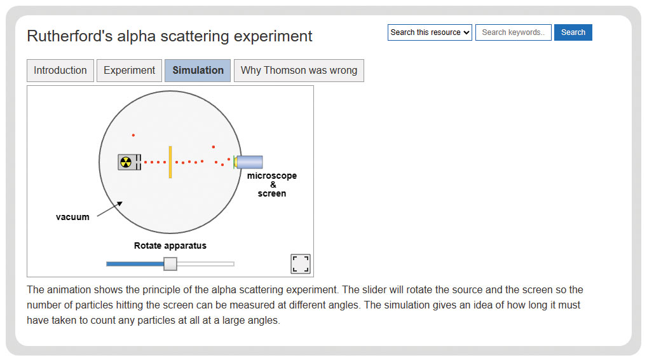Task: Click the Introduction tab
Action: pyautogui.click(x=60, y=71)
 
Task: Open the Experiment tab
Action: pyautogui.click(x=129, y=71)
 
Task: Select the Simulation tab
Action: pyautogui.click(x=198, y=71)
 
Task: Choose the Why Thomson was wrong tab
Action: pyautogui.click(x=299, y=71)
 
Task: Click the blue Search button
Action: pyautogui.click(x=573, y=32)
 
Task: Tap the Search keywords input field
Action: pyautogui.click(x=514, y=32)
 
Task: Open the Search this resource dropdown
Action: pyautogui.click(x=430, y=32)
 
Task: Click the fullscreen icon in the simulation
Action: pyautogui.click(x=301, y=264)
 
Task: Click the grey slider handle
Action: pyautogui.click(x=170, y=264)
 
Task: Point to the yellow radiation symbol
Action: pyautogui.click(x=126, y=162)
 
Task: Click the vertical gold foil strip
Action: pyautogui.click(x=170, y=162)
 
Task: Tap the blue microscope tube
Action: pyautogui.click(x=249, y=162)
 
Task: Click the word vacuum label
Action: pyautogui.click(x=72, y=217)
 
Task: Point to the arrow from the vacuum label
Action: pyautogui.click(x=110, y=209)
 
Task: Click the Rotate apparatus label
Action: pyautogui.click(x=170, y=246)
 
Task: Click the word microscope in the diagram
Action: pyautogui.click(x=272, y=176)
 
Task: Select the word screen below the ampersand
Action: pyautogui.click(x=272, y=193)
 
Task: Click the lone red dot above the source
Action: pyautogui.click(x=133, y=135)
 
